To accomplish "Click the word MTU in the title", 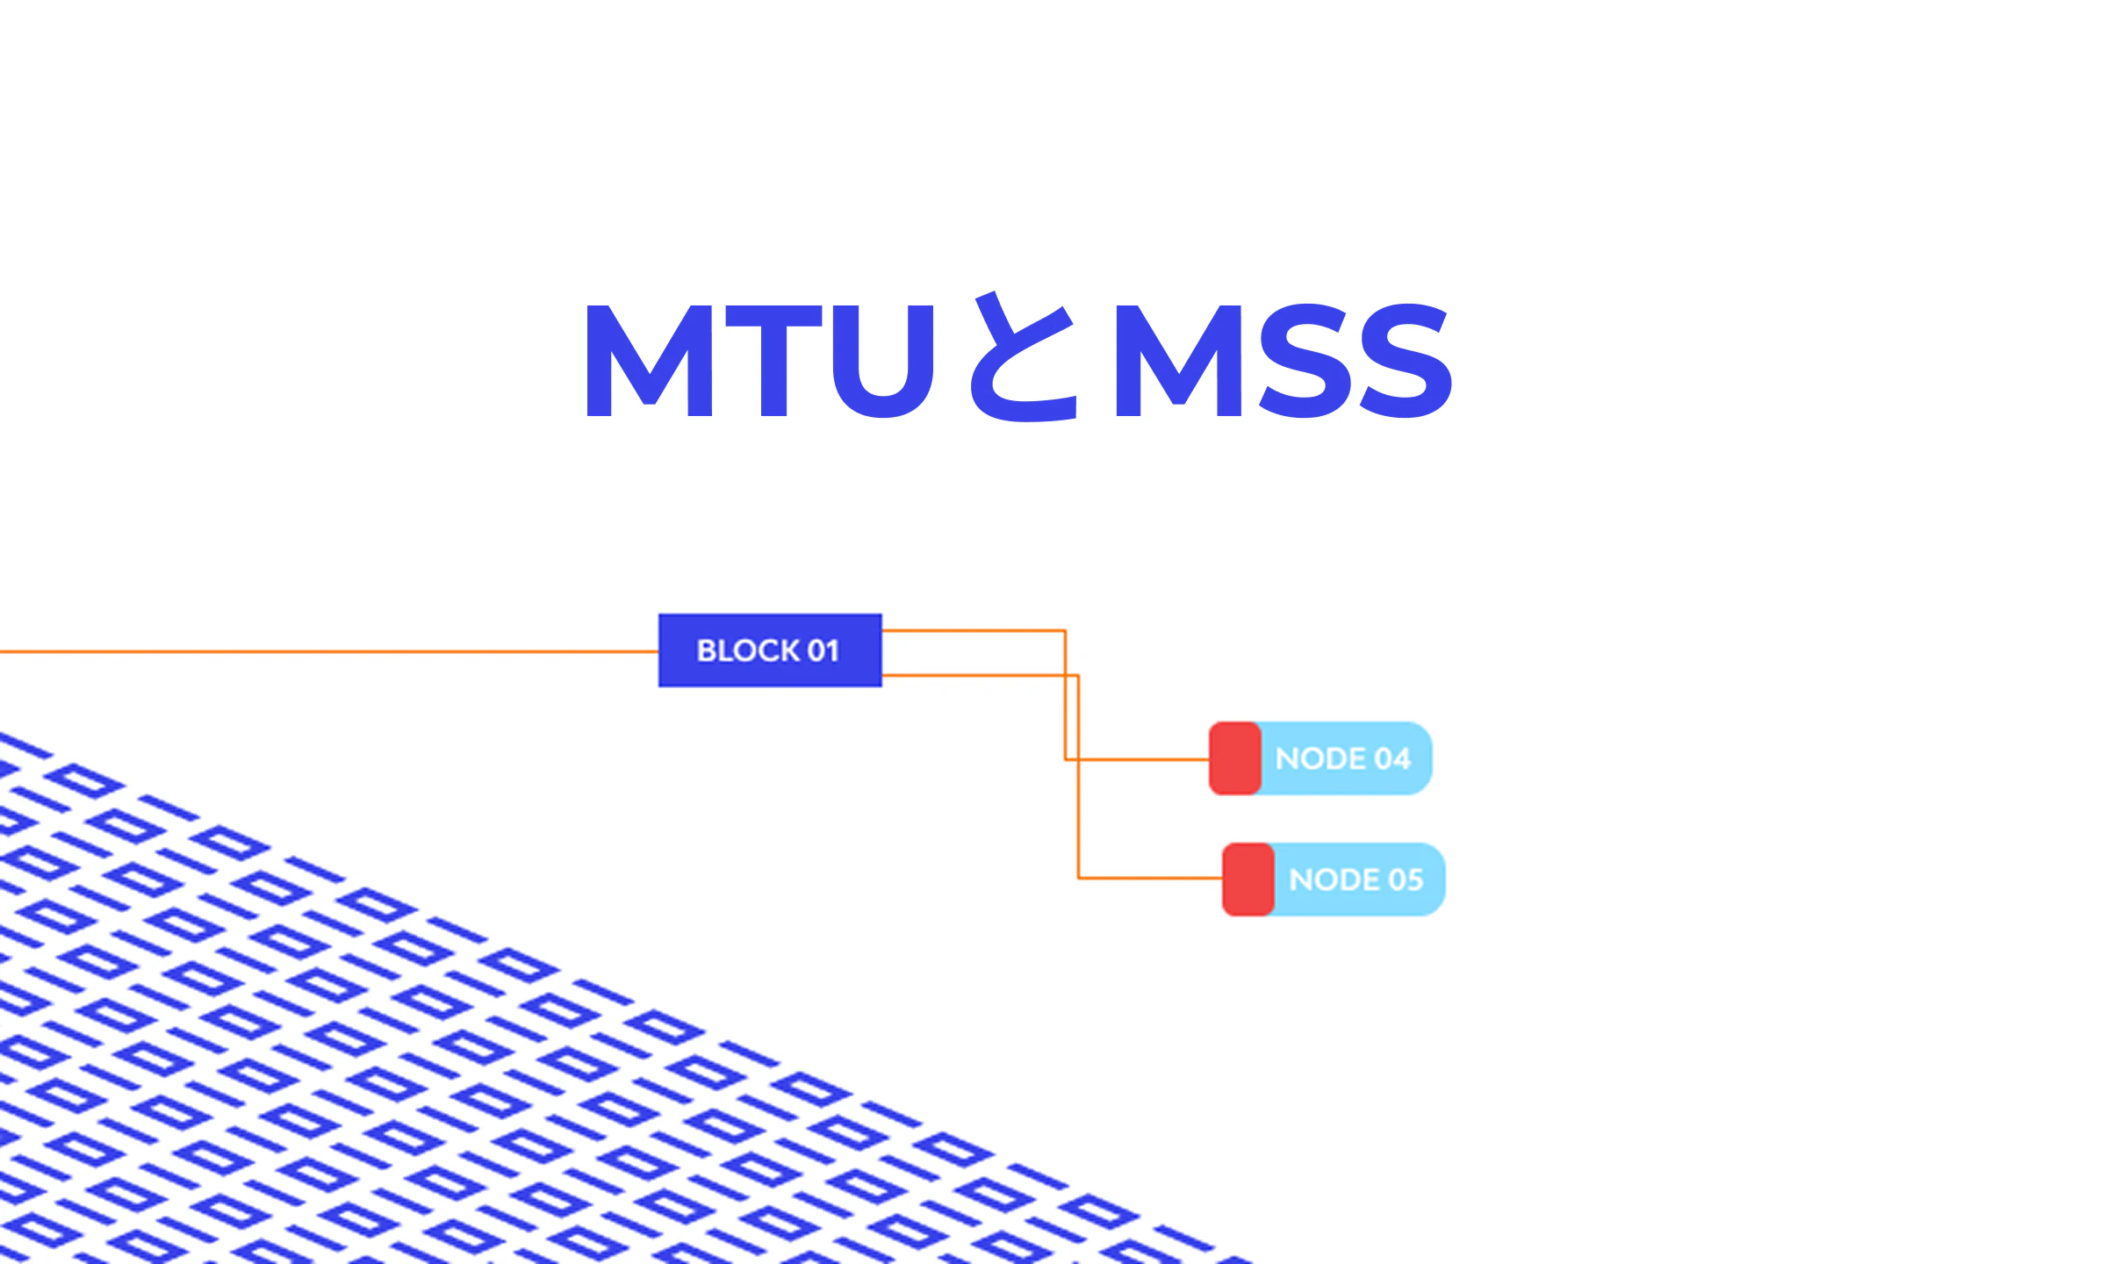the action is (x=760, y=361).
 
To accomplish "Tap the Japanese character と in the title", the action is (x=1024, y=356).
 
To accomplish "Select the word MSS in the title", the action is (x=1283, y=360).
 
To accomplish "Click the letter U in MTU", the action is (x=883, y=362).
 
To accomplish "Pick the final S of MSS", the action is (x=1405, y=360).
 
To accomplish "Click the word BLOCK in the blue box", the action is (x=748, y=651).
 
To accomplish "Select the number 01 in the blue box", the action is (x=823, y=651).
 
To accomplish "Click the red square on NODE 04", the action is (x=1235, y=758).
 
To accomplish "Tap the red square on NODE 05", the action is (x=1248, y=880).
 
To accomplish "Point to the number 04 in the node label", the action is (x=1392, y=758).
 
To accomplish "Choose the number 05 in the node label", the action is (x=1406, y=880).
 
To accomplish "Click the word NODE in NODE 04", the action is (x=1321, y=758).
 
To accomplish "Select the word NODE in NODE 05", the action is (x=1334, y=880).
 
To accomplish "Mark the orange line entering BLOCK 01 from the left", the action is (x=329, y=651).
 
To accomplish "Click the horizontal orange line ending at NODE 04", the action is (x=1138, y=759).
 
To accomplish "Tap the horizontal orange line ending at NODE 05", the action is (x=1150, y=878).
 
